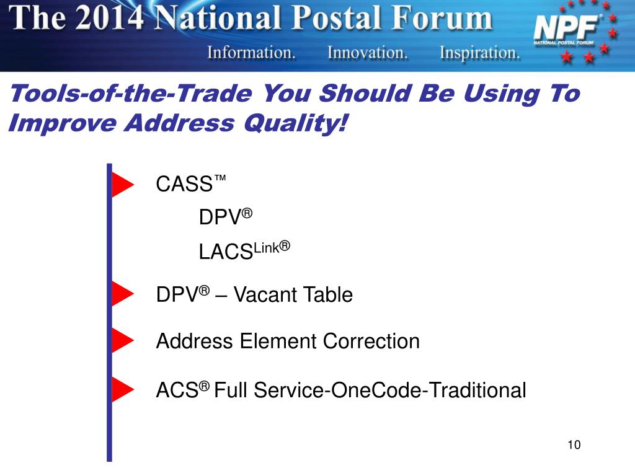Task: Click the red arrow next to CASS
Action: pyautogui.click(x=122, y=185)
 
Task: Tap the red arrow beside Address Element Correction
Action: pyautogui.click(x=122, y=340)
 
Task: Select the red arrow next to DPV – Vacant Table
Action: pyautogui.click(x=122, y=294)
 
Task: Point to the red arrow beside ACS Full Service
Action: pyautogui.click(x=122, y=389)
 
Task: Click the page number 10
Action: pyautogui.click(x=573, y=445)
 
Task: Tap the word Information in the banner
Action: pyautogui.click(x=251, y=53)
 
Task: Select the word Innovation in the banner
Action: pyautogui.click(x=367, y=53)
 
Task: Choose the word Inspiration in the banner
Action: pyautogui.click(x=480, y=53)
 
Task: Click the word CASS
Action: pyautogui.click(x=184, y=185)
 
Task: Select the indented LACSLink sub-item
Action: pyautogui.click(x=244, y=251)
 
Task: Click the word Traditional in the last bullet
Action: pyautogui.click(x=477, y=390)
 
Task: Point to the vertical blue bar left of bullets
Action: pyautogui.click(x=109, y=310)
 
